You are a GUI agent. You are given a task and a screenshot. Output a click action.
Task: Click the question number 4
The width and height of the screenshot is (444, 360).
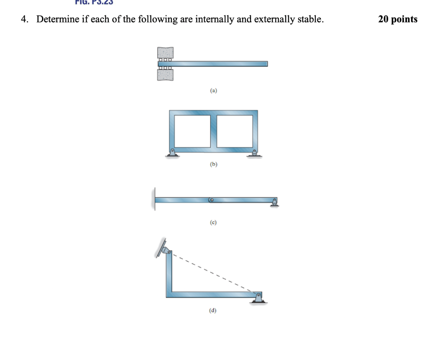click(x=25, y=19)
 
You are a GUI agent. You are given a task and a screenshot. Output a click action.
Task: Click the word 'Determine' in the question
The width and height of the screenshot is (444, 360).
click(x=55, y=19)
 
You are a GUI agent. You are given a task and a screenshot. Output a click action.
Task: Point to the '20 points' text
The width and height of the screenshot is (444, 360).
click(x=398, y=19)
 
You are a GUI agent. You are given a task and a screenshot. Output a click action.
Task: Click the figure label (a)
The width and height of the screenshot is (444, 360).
click(x=213, y=91)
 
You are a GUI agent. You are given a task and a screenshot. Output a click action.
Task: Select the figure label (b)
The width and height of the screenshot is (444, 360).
click(x=213, y=165)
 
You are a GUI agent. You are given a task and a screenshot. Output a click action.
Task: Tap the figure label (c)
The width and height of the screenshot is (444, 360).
click(x=213, y=222)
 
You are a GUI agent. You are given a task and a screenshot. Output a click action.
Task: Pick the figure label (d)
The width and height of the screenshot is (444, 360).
click(x=213, y=311)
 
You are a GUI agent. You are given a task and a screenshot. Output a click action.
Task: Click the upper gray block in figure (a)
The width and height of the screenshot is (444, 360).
click(x=165, y=52)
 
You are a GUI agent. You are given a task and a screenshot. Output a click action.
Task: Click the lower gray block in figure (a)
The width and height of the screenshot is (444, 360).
click(x=165, y=75)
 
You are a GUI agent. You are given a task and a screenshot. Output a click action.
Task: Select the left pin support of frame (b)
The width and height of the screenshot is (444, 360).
click(x=172, y=153)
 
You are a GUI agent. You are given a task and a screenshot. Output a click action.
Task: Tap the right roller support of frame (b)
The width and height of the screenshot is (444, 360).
click(x=255, y=153)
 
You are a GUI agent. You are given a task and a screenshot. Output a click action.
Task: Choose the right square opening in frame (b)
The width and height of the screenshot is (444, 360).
click(x=234, y=130)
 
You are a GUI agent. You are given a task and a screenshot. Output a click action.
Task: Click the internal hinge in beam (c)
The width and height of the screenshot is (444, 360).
click(x=212, y=200)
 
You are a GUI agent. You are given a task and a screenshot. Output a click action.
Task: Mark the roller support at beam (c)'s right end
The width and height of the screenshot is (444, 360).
click(x=274, y=202)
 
